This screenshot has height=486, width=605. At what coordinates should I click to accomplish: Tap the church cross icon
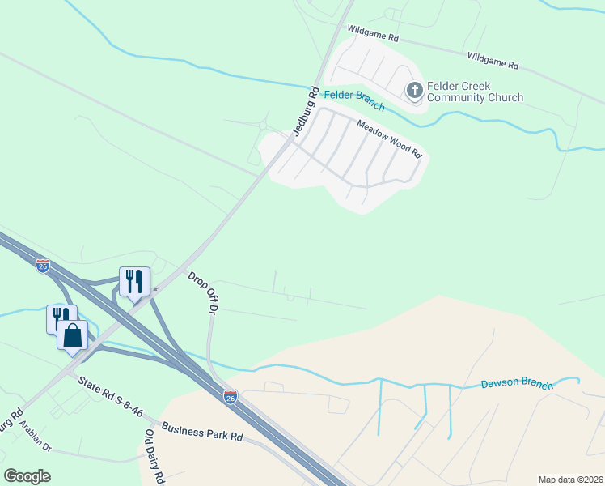point(415,90)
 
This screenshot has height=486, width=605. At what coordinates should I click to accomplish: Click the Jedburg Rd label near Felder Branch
point(304,112)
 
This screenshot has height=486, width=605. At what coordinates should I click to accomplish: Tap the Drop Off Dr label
point(204,293)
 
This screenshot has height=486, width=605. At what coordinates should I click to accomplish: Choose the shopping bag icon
point(72,335)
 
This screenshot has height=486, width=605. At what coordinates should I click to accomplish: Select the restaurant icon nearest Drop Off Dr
point(134,282)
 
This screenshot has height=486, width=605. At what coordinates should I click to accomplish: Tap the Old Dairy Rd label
point(154,458)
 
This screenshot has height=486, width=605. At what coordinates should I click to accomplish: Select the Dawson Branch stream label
point(517,385)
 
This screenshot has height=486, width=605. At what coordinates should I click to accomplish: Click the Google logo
point(27,476)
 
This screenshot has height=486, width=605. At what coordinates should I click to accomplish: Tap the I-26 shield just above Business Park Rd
point(231,397)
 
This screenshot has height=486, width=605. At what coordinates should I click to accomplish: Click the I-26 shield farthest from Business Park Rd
point(43,265)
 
